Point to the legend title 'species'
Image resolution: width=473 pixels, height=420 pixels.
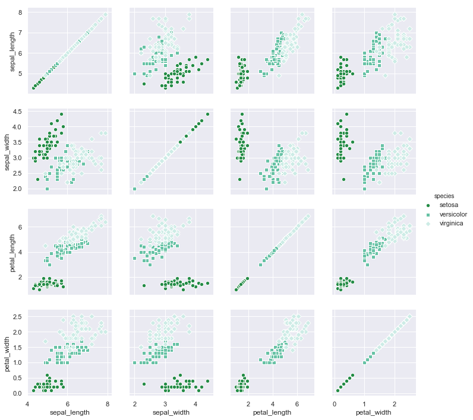[x=444, y=195]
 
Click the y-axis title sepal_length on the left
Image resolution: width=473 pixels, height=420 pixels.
[x=13, y=52]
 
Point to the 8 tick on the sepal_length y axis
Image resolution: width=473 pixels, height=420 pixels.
[x=20, y=12]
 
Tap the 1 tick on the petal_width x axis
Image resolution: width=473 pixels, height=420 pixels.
[x=364, y=403]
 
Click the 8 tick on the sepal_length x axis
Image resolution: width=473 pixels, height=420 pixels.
[x=107, y=403]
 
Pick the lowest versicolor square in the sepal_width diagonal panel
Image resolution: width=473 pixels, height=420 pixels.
[x=134, y=189]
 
